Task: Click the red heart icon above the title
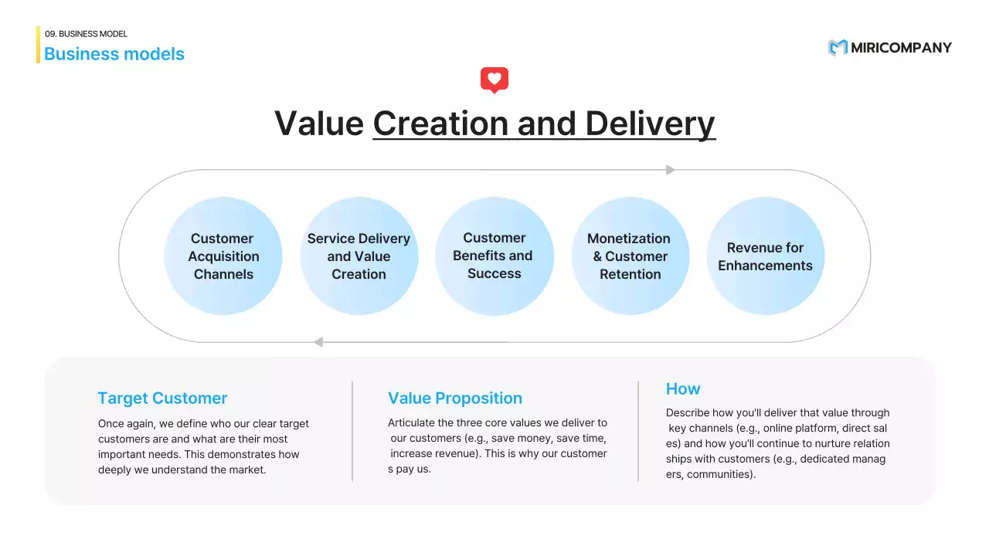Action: coord(494,80)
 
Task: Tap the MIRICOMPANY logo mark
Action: coord(838,48)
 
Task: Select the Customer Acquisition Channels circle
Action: coord(223,256)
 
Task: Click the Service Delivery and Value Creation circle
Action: coord(359,256)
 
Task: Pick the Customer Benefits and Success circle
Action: coord(494,256)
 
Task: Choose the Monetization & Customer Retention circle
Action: coord(630,256)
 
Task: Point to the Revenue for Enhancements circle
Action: coord(765,256)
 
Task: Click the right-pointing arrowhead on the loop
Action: coord(671,170)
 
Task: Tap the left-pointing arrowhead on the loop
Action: coord(318,342)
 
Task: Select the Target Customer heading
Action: coord(162,398)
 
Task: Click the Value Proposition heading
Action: coord(455,398)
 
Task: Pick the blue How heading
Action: coord(683,389)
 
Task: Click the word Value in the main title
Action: coord(318,124)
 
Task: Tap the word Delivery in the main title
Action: coord(650,124)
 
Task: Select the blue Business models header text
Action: coord(114,54)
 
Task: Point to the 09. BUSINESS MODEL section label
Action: coord(86,34)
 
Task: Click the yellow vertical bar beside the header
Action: coord(38,45)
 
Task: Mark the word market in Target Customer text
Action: coord(246,470)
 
